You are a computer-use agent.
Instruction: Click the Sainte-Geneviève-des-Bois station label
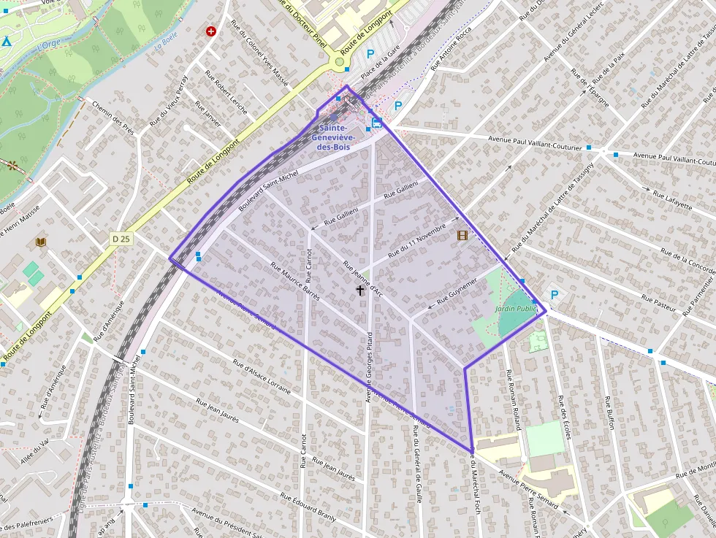pos(332,137)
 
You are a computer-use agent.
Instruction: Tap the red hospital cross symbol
pos(211,31)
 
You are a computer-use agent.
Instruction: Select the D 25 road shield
pos(121,239)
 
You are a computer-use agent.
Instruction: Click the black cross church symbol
pos(359,291)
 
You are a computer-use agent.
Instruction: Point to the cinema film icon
pos(462,235)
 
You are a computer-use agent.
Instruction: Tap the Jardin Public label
pos(516,309)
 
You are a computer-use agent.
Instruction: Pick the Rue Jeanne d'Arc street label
pos(362,278)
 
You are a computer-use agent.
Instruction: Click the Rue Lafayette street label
pos(671,200)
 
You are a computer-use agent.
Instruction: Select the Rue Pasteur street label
pos(658,302)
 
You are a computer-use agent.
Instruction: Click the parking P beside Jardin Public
pos(555,296)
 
